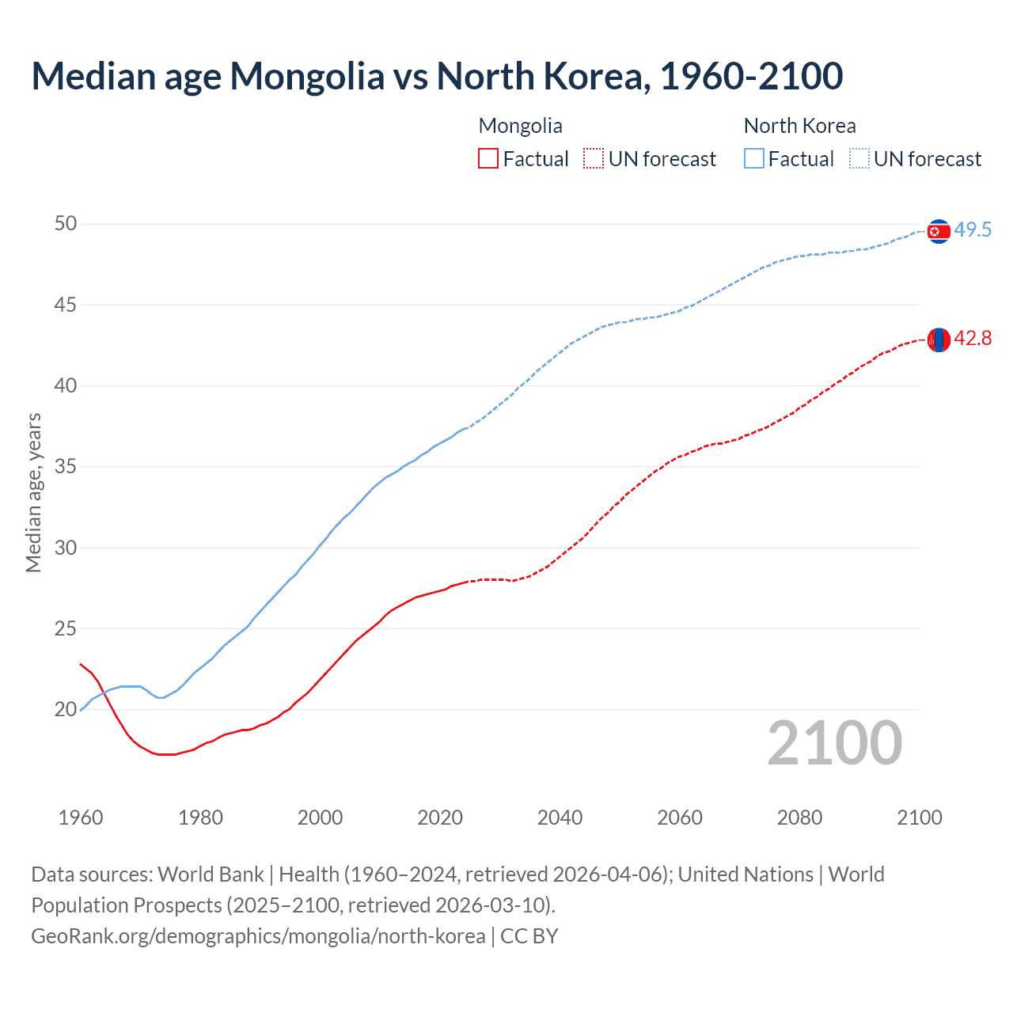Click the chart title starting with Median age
[x=437, y=76]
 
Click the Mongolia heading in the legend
[x=520, y=126]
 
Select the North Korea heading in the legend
[x=799, y=126]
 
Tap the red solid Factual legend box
[x=488, y=159]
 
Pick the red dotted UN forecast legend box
[x=594, y=159]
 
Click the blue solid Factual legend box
[x=754, y=159]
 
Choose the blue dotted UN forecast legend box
[x=859, y=159]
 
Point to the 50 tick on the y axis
[x=66, y=224]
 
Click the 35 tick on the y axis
[x=66, y=467]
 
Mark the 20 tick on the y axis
[x=66, y=710]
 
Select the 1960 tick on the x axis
[x=81, y=818]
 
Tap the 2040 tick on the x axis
[x=560, y=818]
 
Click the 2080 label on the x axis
[x=799, y=818]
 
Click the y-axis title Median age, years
[x=33, y=492]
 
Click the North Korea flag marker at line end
[x=939, y=231]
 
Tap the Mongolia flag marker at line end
[x=939, y=340]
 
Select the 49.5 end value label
[x=973, y=230]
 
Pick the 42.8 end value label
[x=973, y=339]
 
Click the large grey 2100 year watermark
[x=835, y=743]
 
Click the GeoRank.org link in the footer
[x=258, y=936]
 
